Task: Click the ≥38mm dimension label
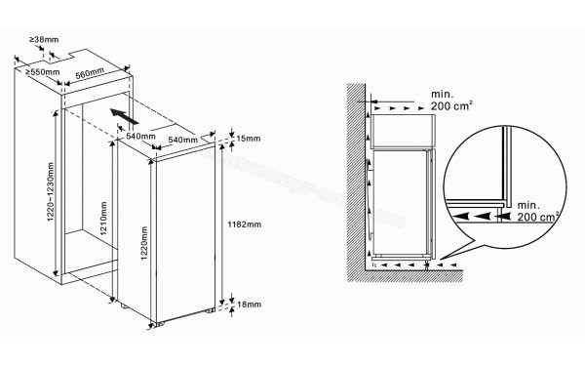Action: pos(44,40)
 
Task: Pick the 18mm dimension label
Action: pos(249,305)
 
